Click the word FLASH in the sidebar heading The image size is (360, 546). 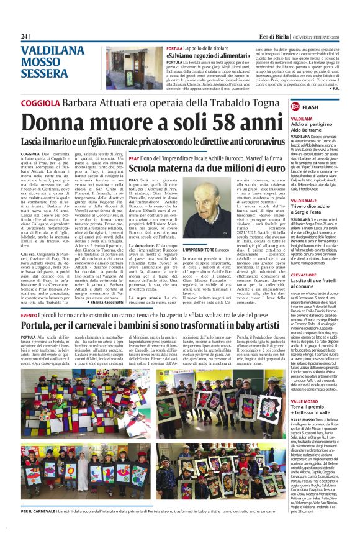pyautogui.click(x=328, y=107)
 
